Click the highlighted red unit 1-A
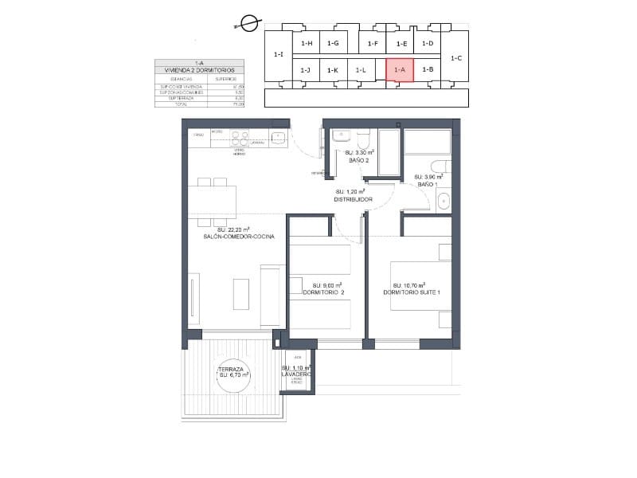400,70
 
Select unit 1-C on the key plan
456,58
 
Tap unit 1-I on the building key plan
278,55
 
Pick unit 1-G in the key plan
333,43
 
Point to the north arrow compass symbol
249,24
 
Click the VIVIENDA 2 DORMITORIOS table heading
199,70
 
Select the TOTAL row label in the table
170,104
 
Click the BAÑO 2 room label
358,160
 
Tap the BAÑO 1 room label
428,184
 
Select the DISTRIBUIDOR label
354,199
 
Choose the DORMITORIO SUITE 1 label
411,292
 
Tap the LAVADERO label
296,374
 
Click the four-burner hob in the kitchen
240,137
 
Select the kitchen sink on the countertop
278,137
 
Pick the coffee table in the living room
241,294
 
